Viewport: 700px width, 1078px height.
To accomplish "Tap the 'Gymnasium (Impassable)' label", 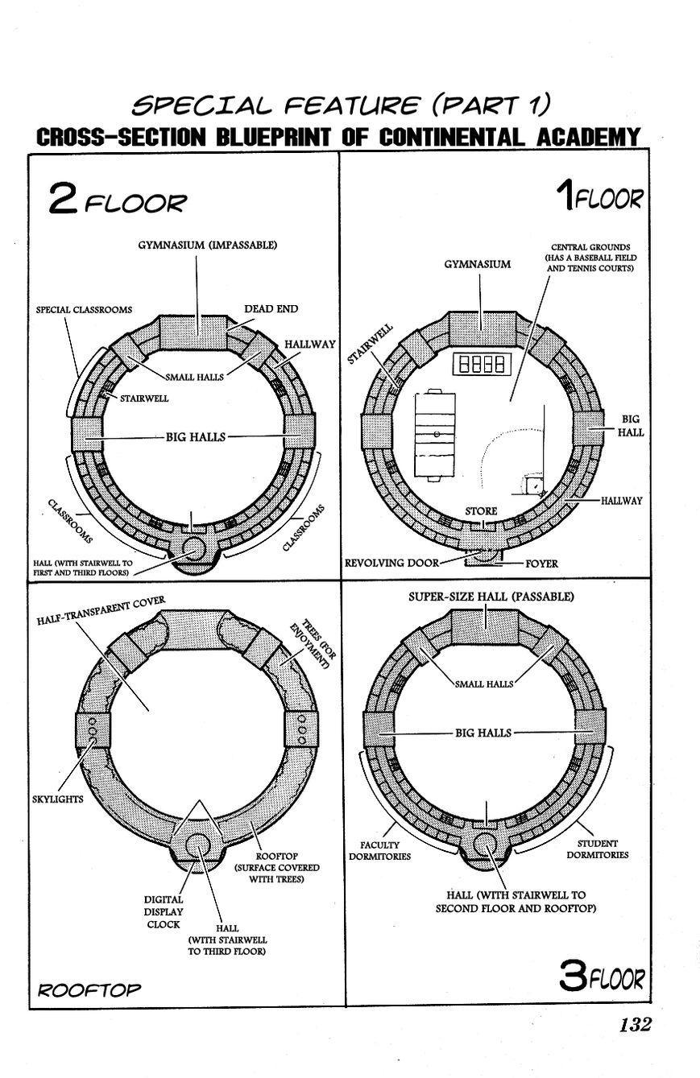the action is [x=208, y=245].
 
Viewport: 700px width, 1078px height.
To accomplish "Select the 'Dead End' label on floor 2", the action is [x=271, y=309].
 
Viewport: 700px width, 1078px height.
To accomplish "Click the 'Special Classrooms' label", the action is [x=84, y=309].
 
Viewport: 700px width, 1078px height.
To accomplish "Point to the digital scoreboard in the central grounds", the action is [x=481, y=365].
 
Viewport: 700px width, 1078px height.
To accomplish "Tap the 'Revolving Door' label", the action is [x=391, y=563].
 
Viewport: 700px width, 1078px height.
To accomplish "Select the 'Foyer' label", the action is [x=541, y=564].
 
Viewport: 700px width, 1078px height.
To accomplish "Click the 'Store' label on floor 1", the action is [x=481, y=511].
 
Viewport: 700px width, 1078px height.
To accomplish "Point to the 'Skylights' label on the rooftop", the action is [x=58, y=799].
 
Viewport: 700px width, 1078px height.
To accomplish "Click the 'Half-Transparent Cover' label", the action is [x=101, y=610].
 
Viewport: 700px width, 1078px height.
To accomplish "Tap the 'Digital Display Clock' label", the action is [x=164, y=912].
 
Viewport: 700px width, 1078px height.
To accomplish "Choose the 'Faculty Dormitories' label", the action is [x=380, y=850].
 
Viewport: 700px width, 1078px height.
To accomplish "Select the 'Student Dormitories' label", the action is [x=598, y=849].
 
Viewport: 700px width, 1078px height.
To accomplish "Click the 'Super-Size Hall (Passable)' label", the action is [x=491, y=597].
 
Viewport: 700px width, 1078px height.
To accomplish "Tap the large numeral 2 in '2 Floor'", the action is [x=63, y=197].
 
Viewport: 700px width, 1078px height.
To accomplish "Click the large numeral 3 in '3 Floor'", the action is [x=573, y=976].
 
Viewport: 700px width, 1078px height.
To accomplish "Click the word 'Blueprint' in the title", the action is [x=273, y=137].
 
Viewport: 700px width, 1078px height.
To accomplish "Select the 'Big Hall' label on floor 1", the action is [x=631, y=425].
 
